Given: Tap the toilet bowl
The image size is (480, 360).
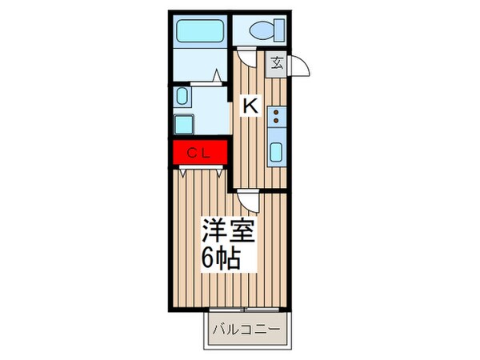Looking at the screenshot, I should tap(261, 31).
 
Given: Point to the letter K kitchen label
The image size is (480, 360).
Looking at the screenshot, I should tap(250, 105).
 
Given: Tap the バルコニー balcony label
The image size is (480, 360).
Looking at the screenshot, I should tap(246, 328).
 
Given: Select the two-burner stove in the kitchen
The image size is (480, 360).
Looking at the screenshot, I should tap(277, 119).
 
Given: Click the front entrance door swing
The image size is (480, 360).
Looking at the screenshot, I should tap(297, 66).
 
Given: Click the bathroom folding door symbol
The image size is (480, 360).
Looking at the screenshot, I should tap(216, 77).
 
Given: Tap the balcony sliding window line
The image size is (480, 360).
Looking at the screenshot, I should tap(246, 309).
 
